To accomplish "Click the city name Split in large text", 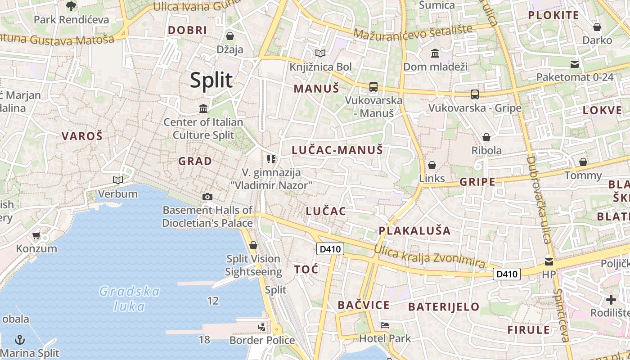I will coord(211,81).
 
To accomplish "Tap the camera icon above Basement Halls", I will coord(207,197).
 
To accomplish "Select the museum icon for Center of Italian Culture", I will coord(203,108).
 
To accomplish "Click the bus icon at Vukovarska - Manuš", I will coord(373,87).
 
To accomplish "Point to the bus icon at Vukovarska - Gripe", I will coord(474,94).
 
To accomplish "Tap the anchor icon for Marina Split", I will coord(20,339).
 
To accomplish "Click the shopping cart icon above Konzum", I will coord(36,235).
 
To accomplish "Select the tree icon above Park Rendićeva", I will coord(71,6).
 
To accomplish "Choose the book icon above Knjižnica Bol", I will coord(320,54).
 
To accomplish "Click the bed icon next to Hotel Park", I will coord(385,325).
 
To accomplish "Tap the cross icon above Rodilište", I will coord(611,299).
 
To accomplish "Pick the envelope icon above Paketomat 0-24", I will coord(575,64).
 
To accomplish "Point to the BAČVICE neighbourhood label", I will coord(364,305).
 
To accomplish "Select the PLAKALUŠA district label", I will coord(414,231).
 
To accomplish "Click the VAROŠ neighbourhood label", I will coord(82,136).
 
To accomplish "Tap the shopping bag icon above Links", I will coord(432,165).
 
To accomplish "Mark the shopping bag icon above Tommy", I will coord(583,162).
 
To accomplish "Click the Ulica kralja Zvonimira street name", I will coord(429,257).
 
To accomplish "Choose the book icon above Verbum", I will coord(118,180).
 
